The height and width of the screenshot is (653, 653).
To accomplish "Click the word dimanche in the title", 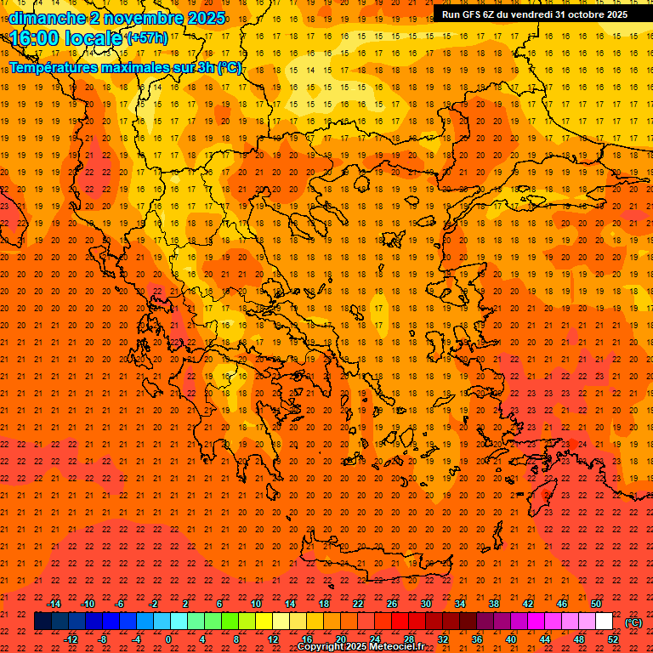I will point(47,18).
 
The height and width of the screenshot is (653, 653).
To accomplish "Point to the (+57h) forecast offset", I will point(147,38).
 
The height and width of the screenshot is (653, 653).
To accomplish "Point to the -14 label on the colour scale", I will point(54,604).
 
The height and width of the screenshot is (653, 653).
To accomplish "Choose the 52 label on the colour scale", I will point(613,639).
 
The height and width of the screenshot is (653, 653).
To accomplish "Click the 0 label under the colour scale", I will point(169,639).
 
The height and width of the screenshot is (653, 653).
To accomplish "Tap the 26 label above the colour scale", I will point(392,604).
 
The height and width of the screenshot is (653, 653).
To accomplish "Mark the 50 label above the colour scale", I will point(596,604).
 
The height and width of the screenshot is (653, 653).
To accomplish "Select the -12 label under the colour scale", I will point(71,639).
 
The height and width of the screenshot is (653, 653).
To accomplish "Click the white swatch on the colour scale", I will point(605,622).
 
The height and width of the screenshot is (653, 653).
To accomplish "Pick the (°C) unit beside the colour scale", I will point(633,622).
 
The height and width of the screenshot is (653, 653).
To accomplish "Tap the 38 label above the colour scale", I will point(494,604).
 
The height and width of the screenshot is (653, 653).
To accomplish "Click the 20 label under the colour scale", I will point(341,639).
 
